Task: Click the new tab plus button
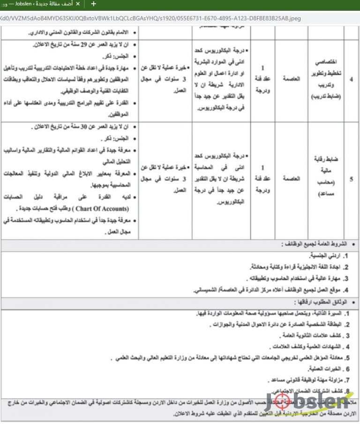93,4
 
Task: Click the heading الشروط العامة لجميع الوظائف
315,244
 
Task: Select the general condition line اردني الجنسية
325,256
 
